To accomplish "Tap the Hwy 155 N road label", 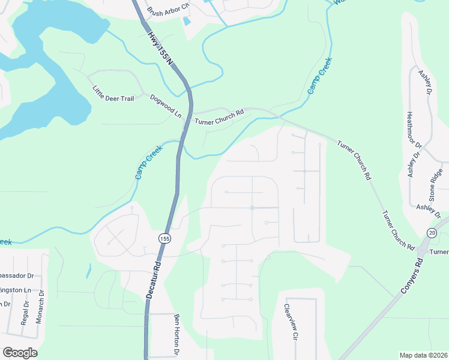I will [161, 51].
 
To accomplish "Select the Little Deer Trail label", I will [113, 94].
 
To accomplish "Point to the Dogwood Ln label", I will [166, 105].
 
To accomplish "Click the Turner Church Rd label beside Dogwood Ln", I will [219, 116].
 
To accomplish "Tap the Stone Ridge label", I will [436, 187].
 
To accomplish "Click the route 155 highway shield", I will [164, 239].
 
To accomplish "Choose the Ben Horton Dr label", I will [177, 333].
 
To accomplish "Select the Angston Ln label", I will [14, 290].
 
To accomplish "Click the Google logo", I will [20, 353].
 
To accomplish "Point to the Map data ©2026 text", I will [423, 355].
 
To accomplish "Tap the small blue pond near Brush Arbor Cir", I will [186, 22].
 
